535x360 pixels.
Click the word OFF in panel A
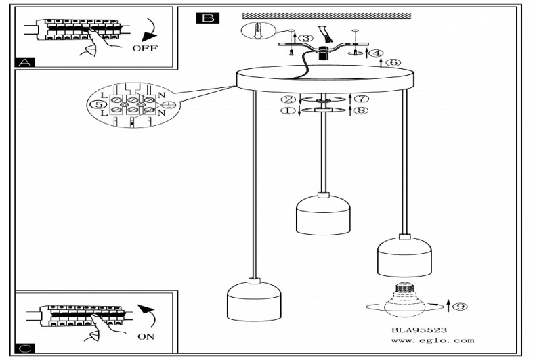144,49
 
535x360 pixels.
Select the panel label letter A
25,63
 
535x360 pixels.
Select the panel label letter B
207,18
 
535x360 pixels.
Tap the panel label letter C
25,348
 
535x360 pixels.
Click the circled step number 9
459,307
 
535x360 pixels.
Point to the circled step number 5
99,105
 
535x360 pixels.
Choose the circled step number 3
306,38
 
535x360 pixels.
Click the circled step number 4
377,53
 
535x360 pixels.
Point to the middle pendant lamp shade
323,215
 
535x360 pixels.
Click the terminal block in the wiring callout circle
133,106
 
